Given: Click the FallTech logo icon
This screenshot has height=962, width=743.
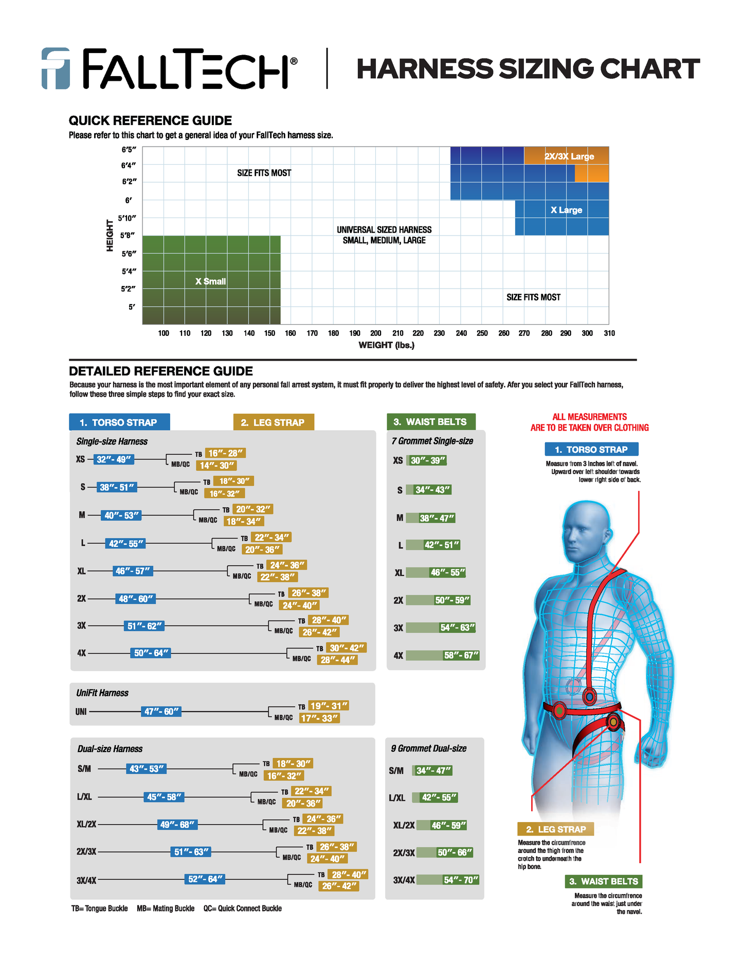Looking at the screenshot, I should [x=56, y=68].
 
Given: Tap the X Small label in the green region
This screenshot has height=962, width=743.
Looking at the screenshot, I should [x=210, y=281].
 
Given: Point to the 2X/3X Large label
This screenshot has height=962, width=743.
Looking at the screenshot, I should [x=569, y=156].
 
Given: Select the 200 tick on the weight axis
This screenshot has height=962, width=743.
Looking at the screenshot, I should [x=376, y=333].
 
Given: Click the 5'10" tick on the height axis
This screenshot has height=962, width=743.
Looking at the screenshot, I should [x=127, y=218].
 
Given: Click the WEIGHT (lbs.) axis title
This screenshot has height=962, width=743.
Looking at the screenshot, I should [x=386, y=345].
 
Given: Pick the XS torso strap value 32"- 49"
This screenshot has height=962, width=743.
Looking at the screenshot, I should [x=114, y=459].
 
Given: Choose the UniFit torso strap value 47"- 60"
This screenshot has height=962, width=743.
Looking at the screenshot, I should [x=161, y=711].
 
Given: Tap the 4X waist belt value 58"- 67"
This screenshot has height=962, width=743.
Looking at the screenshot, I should [x=461, y=655].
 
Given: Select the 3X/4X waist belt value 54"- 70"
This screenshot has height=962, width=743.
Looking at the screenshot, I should [x=461, y=880].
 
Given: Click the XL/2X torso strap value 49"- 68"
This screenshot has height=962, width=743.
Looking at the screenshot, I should [x=177, y=825].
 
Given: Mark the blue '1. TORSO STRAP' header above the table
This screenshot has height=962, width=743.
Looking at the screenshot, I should [x=119, y=422].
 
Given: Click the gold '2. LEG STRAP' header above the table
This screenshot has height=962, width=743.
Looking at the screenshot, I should [x=273, y=422].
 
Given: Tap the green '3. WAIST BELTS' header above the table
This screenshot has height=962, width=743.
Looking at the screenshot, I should [x=430, y=422].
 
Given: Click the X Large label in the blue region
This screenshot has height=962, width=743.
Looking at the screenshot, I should [x=566, y=210].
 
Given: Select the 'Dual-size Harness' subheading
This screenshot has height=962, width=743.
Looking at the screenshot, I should [x=110, y=749].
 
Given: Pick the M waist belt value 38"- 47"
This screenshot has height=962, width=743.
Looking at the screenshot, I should [x=437, y=518].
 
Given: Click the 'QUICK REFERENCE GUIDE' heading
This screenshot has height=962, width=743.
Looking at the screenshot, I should [x=150, y=121].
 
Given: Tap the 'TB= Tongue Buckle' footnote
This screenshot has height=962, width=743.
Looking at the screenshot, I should [x=99, y=908].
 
